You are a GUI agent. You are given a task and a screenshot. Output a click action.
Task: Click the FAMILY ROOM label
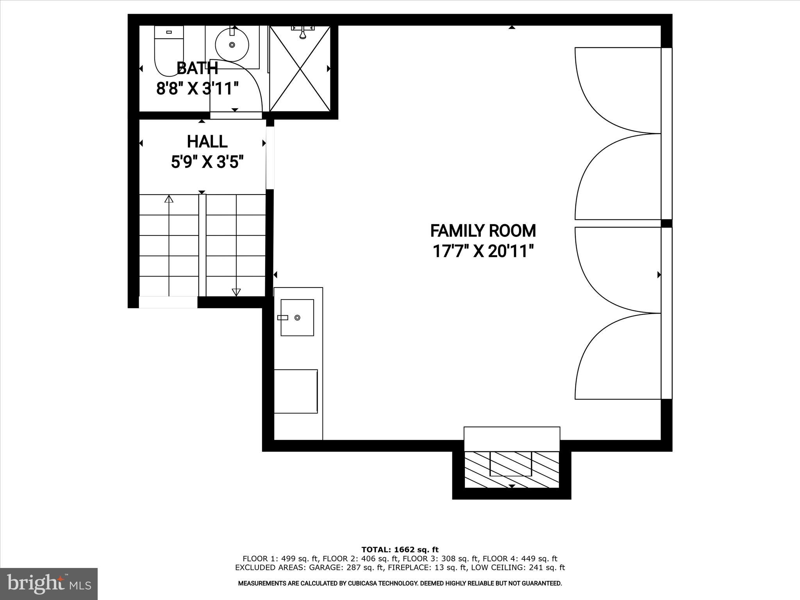pos(483,231)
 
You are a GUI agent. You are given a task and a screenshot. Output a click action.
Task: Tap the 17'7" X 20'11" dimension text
pos(483,252)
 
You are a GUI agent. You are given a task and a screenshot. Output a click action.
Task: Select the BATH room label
pos(197,68)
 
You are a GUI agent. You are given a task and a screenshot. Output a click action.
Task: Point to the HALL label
pos(207,142)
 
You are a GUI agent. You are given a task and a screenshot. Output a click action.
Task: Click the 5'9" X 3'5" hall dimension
pos(207,162)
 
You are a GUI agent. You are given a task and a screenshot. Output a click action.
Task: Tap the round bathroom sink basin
pos(232,45)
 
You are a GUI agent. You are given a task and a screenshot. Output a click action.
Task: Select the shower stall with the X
pos(300,69)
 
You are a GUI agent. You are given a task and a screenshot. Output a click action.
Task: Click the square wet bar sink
pos(297,318)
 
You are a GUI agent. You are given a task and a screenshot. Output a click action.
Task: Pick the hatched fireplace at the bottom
pos(511,469)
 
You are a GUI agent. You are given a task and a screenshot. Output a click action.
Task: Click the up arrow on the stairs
pos(169,200)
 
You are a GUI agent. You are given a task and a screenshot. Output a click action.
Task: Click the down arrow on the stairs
pos(236,291)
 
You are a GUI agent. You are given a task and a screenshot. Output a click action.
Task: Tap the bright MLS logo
pos(49,584)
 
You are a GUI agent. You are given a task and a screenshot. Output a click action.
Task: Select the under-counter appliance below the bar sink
pos(296,391)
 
